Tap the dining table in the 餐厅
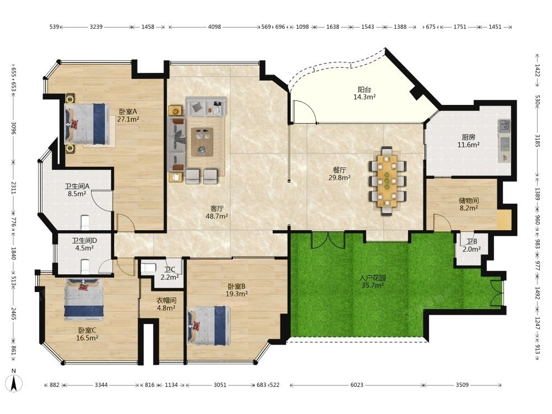[x=388, y=181]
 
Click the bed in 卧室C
[x=83, y=299]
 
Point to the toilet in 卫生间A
[x=86, y=223]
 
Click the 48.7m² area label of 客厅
[x=216, y=216]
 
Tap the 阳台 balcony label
[x=364, y=90]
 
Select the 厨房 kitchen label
[x=468, y=137]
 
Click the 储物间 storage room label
[x=469, y=200]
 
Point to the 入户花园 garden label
[x=373, y=278]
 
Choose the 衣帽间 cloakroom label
[x=166, y=300]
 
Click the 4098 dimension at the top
[x=214, y=26]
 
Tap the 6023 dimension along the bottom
[x=357, y=385]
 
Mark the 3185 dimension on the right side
[x=538, y=140]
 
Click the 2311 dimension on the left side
[x=13, y=188]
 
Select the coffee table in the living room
[x=202, y=141]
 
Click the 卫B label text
[x=472, y=242]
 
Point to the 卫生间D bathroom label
[x=84, y=241]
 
